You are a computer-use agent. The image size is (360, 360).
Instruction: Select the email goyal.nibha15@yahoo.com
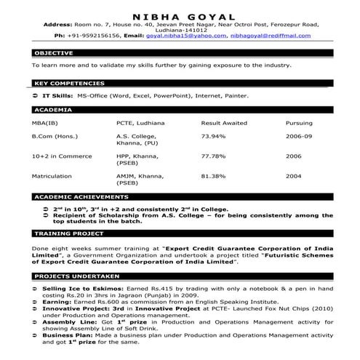[178, 34]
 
